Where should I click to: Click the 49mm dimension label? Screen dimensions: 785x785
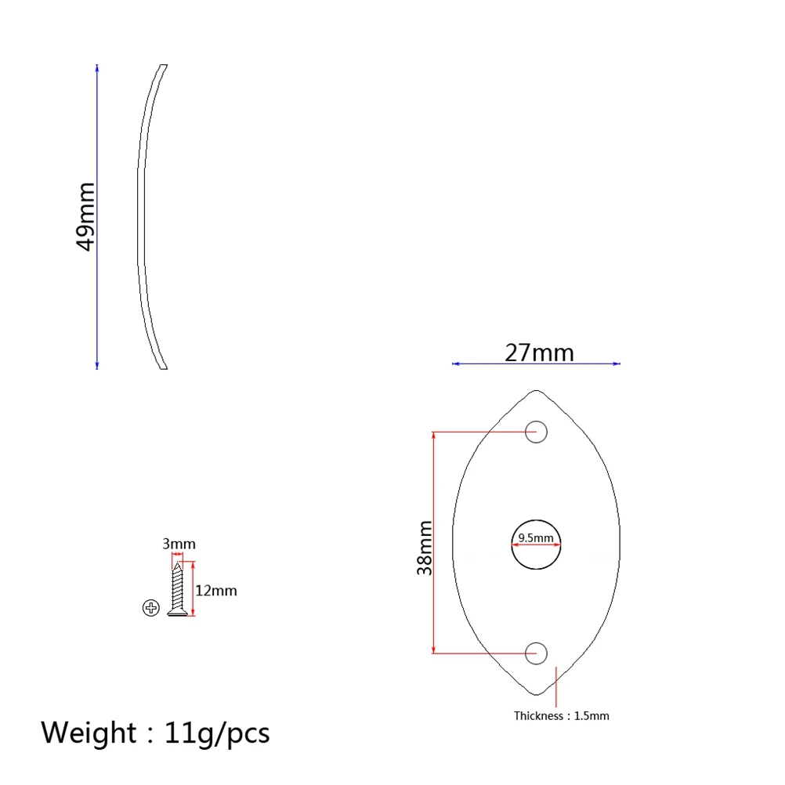click(x=85, y=216)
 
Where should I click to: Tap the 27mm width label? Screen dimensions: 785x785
click(x=539, y=353)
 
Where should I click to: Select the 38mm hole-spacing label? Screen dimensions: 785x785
click(x=425, y=547)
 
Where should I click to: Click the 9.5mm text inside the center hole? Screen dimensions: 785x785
click(x=536, y=538)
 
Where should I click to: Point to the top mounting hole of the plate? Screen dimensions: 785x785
click(x=536, y=432)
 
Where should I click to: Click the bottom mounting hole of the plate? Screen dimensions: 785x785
click(x=536, y=652)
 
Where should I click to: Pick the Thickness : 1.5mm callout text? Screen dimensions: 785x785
click(x=561, y=715)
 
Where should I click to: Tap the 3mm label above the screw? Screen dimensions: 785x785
click(x=179, y=544)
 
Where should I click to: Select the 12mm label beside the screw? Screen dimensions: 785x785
click(x=215, y=590)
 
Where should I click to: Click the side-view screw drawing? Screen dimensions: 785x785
click(x=178, y=589)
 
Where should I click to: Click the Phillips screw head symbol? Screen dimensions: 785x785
click(x=151, y=607)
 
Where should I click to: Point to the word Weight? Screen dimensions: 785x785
click(x=89, y=733)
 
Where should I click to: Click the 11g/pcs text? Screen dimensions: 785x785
click(x=217, y=733)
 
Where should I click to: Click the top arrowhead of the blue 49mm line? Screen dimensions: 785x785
click(x=97, y=68)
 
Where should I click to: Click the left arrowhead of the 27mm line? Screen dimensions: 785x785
click(x=456, y=364)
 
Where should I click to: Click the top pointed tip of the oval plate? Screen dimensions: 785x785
click(x=536, y=391)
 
